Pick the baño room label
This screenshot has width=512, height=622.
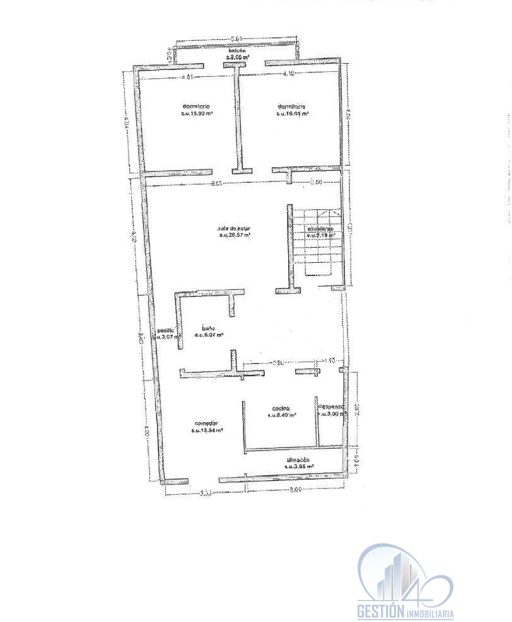click(209, 328)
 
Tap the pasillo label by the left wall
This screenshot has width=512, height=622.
click(165, 329)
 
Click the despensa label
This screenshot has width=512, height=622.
click(332, 406)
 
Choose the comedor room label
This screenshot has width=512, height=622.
click(206, 423)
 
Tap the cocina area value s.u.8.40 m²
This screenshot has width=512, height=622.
click(282, 415)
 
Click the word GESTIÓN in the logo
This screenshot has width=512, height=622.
click(380, 610)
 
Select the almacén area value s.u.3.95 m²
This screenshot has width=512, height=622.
click(300, 466)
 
